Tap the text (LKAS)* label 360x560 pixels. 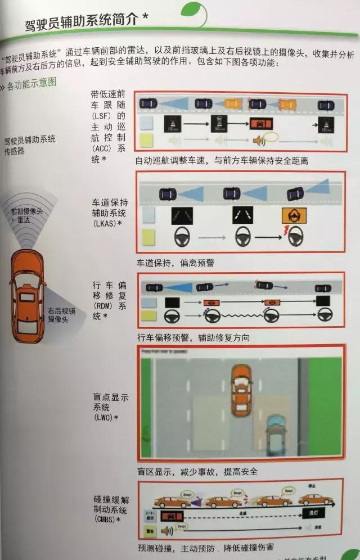tap(107, 224)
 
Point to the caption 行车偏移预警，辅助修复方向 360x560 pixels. tap(193, 337)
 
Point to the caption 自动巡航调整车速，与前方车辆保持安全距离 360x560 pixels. tap(222, 161)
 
